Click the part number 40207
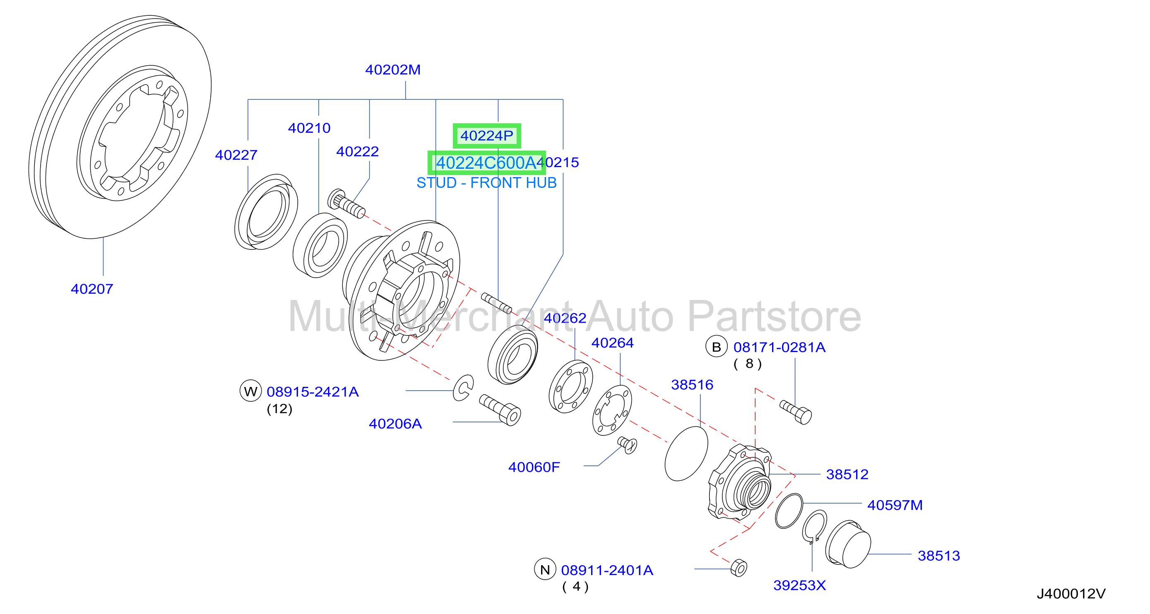coord(92,289)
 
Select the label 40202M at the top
coord(393,70)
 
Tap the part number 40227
coord(236,155)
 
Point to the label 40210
coord(309,128)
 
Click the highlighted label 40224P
coord(486,136)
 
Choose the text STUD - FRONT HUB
coord(486,183)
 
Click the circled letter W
coord(250,391)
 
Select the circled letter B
coord(717,347)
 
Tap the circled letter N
coord(545,569)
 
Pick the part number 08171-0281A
coord(779,347)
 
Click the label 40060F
coord(534,467)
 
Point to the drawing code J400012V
coord(1071,593)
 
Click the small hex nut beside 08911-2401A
coord(739,568)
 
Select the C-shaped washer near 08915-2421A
coord(463,388)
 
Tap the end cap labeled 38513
coord(848,544)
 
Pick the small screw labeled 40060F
coord(627,445)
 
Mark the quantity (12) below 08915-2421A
coord(279,409)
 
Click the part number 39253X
coord(799,585)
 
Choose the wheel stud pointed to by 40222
coord(346,204)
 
